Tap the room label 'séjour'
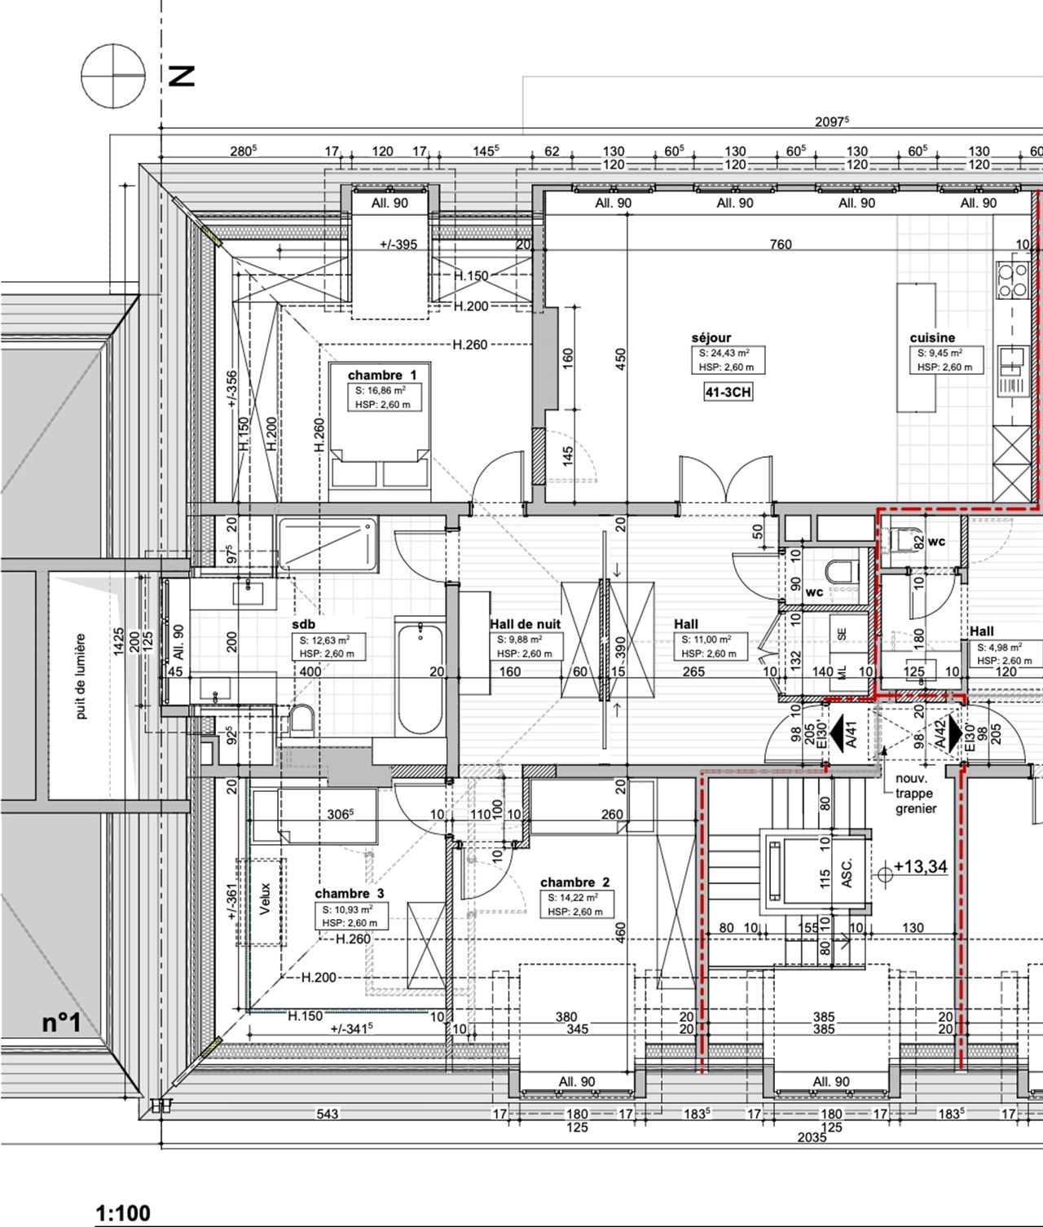coord(711,337)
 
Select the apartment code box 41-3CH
coord(728,393)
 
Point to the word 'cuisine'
coord(932,337)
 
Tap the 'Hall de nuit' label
coord(525,624)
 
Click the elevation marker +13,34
coord(920,867)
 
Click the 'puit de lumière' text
coord(81,677)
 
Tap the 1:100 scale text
coord(123,1214)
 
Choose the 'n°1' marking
coord(62,1023)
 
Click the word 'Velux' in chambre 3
coord(265,899)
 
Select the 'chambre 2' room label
coord(574,882)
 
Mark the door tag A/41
coord(850,735)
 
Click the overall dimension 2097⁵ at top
coord(831,121)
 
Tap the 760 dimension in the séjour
coord(781,244)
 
